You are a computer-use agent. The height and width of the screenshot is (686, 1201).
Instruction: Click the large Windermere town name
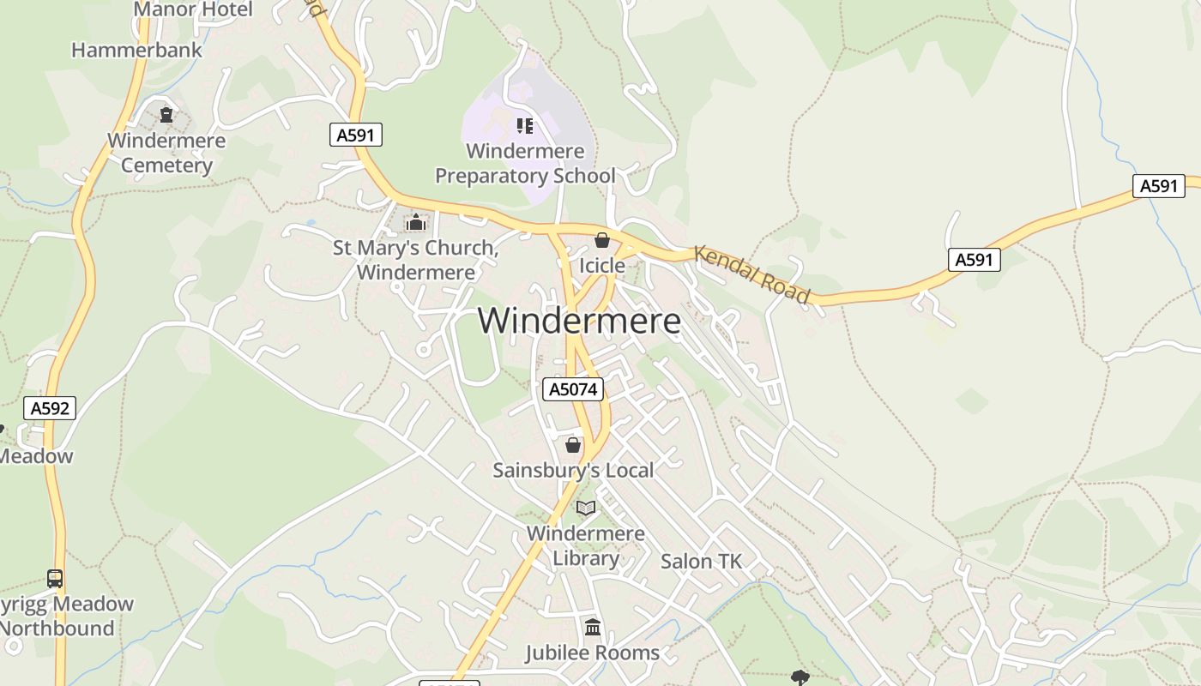579,321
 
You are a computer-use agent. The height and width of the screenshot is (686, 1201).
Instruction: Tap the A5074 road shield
574,389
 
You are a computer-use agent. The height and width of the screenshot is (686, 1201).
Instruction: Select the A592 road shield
50,408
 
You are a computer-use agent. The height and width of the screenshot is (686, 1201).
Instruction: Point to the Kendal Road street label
751,274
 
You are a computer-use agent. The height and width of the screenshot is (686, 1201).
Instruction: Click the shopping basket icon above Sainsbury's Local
573,445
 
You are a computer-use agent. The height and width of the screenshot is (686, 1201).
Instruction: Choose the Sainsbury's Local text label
573,470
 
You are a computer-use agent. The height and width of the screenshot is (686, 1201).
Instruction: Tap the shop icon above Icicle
602,240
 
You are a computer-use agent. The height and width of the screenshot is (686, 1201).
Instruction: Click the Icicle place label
602,266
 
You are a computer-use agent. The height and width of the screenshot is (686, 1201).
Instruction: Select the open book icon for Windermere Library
586,508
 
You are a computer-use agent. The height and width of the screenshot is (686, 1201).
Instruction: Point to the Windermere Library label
586,545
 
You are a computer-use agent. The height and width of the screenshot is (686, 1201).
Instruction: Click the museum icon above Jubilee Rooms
593,628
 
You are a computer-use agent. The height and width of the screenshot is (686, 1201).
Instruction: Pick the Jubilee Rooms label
593,653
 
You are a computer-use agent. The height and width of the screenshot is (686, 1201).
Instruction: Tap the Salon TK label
701,562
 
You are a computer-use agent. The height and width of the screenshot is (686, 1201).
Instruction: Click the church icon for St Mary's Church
416,223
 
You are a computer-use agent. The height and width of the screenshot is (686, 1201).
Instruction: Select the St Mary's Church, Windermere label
416,260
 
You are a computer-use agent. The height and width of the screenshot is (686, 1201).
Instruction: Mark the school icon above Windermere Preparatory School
525,126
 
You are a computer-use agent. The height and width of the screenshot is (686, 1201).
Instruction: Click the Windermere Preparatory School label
525,163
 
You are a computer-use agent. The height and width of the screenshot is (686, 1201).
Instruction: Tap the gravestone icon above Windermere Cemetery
166,115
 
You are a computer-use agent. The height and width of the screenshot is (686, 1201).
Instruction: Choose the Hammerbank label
136,50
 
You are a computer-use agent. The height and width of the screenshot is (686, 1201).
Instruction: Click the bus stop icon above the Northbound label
55,579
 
